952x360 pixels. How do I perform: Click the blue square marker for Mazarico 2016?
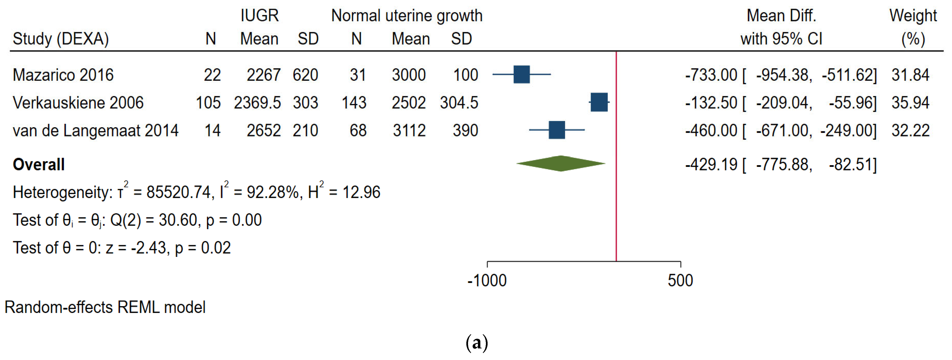click(x=521, y=74)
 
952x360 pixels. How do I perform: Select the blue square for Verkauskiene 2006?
click(x=599, y=102)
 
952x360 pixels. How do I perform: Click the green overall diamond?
click(x=561, y=164)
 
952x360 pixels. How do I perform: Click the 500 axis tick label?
click(x=680, y=281)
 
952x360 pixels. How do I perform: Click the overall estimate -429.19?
click(x=711, y=164)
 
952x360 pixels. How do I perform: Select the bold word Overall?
click(x=39, y=164)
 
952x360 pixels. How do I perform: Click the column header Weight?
click(x=913, y=15)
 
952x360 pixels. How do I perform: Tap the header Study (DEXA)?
click(x=61, y=39)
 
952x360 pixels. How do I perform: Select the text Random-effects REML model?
click(x=105, y=307)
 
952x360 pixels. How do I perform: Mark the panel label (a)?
click(x=477, y=343)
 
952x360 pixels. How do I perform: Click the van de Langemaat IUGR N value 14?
click(x=213, y=130)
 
